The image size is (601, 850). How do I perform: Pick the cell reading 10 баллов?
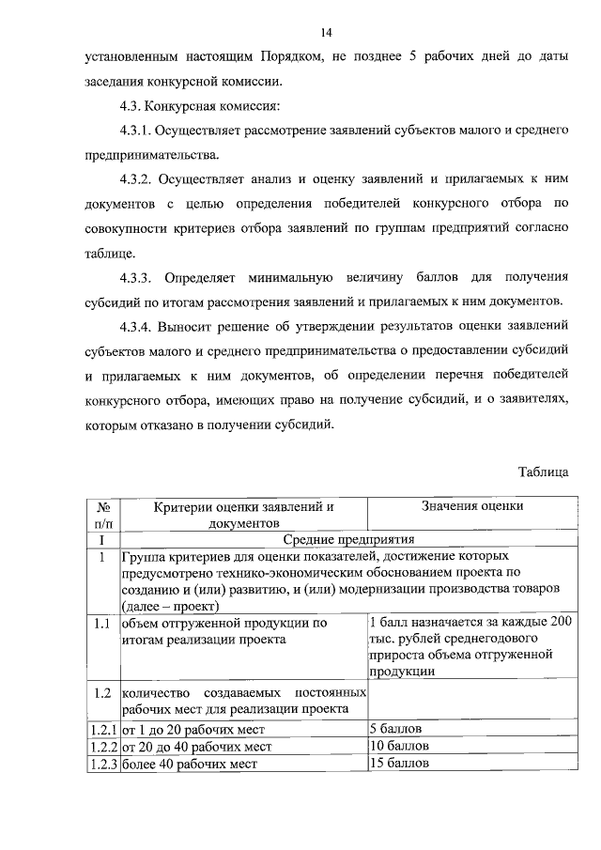click(x=399, y=745)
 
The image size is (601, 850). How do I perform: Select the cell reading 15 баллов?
click(x=399, y=762)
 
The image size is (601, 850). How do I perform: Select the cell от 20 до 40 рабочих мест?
click(x=197, y=746)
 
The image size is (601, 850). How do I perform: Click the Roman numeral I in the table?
click(x=101, y=539)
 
